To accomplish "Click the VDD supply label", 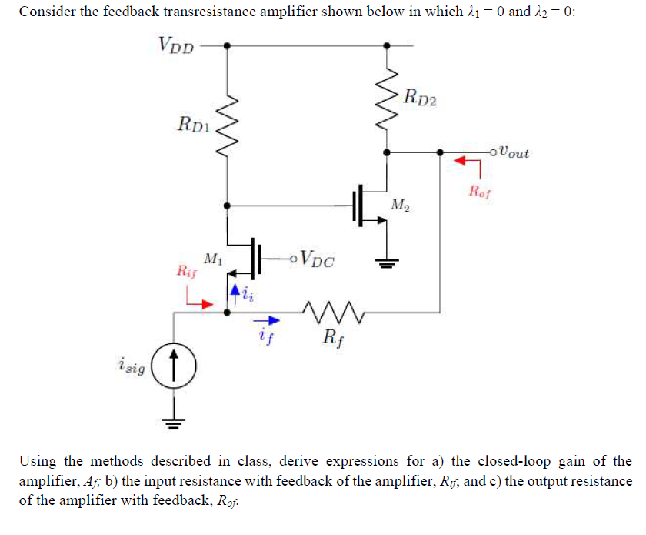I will click(x=176, y=45).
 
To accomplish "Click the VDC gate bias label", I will click(x=318, y=259).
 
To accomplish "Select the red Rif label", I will click(x=187, y=271).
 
